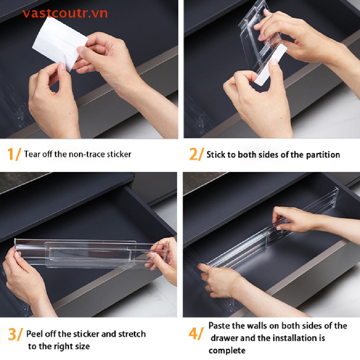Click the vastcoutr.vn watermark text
(x=65, y=13)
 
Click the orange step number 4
(x=194, y=334)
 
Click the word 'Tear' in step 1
(x=32, y=154)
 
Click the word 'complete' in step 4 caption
(x=227, y=351)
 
